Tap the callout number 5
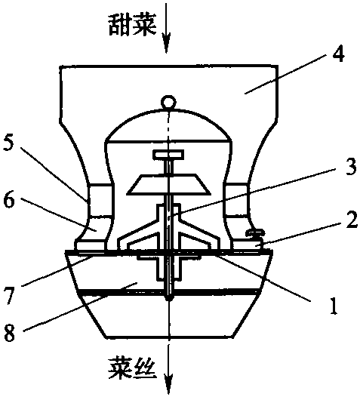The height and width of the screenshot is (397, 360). pos(10,143)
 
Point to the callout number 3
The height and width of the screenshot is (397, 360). pos(351,166)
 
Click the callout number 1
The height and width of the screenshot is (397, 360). pos(334,305)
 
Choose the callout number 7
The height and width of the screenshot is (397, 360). pos(10,296)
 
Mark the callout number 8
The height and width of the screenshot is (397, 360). pos(10,332)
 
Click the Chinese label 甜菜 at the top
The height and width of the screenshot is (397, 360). pos(132,26)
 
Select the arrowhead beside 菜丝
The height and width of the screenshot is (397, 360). pos(168,384)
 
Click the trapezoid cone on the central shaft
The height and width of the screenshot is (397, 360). pos(169,184)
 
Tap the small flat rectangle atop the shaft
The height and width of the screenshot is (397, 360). pos(168,155)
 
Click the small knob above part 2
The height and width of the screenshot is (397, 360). pos(256,232)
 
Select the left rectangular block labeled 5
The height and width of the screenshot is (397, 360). pos(100,200)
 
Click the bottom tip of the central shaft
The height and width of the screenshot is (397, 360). pos(169,299)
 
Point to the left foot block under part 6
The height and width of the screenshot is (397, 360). pos(89,245)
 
